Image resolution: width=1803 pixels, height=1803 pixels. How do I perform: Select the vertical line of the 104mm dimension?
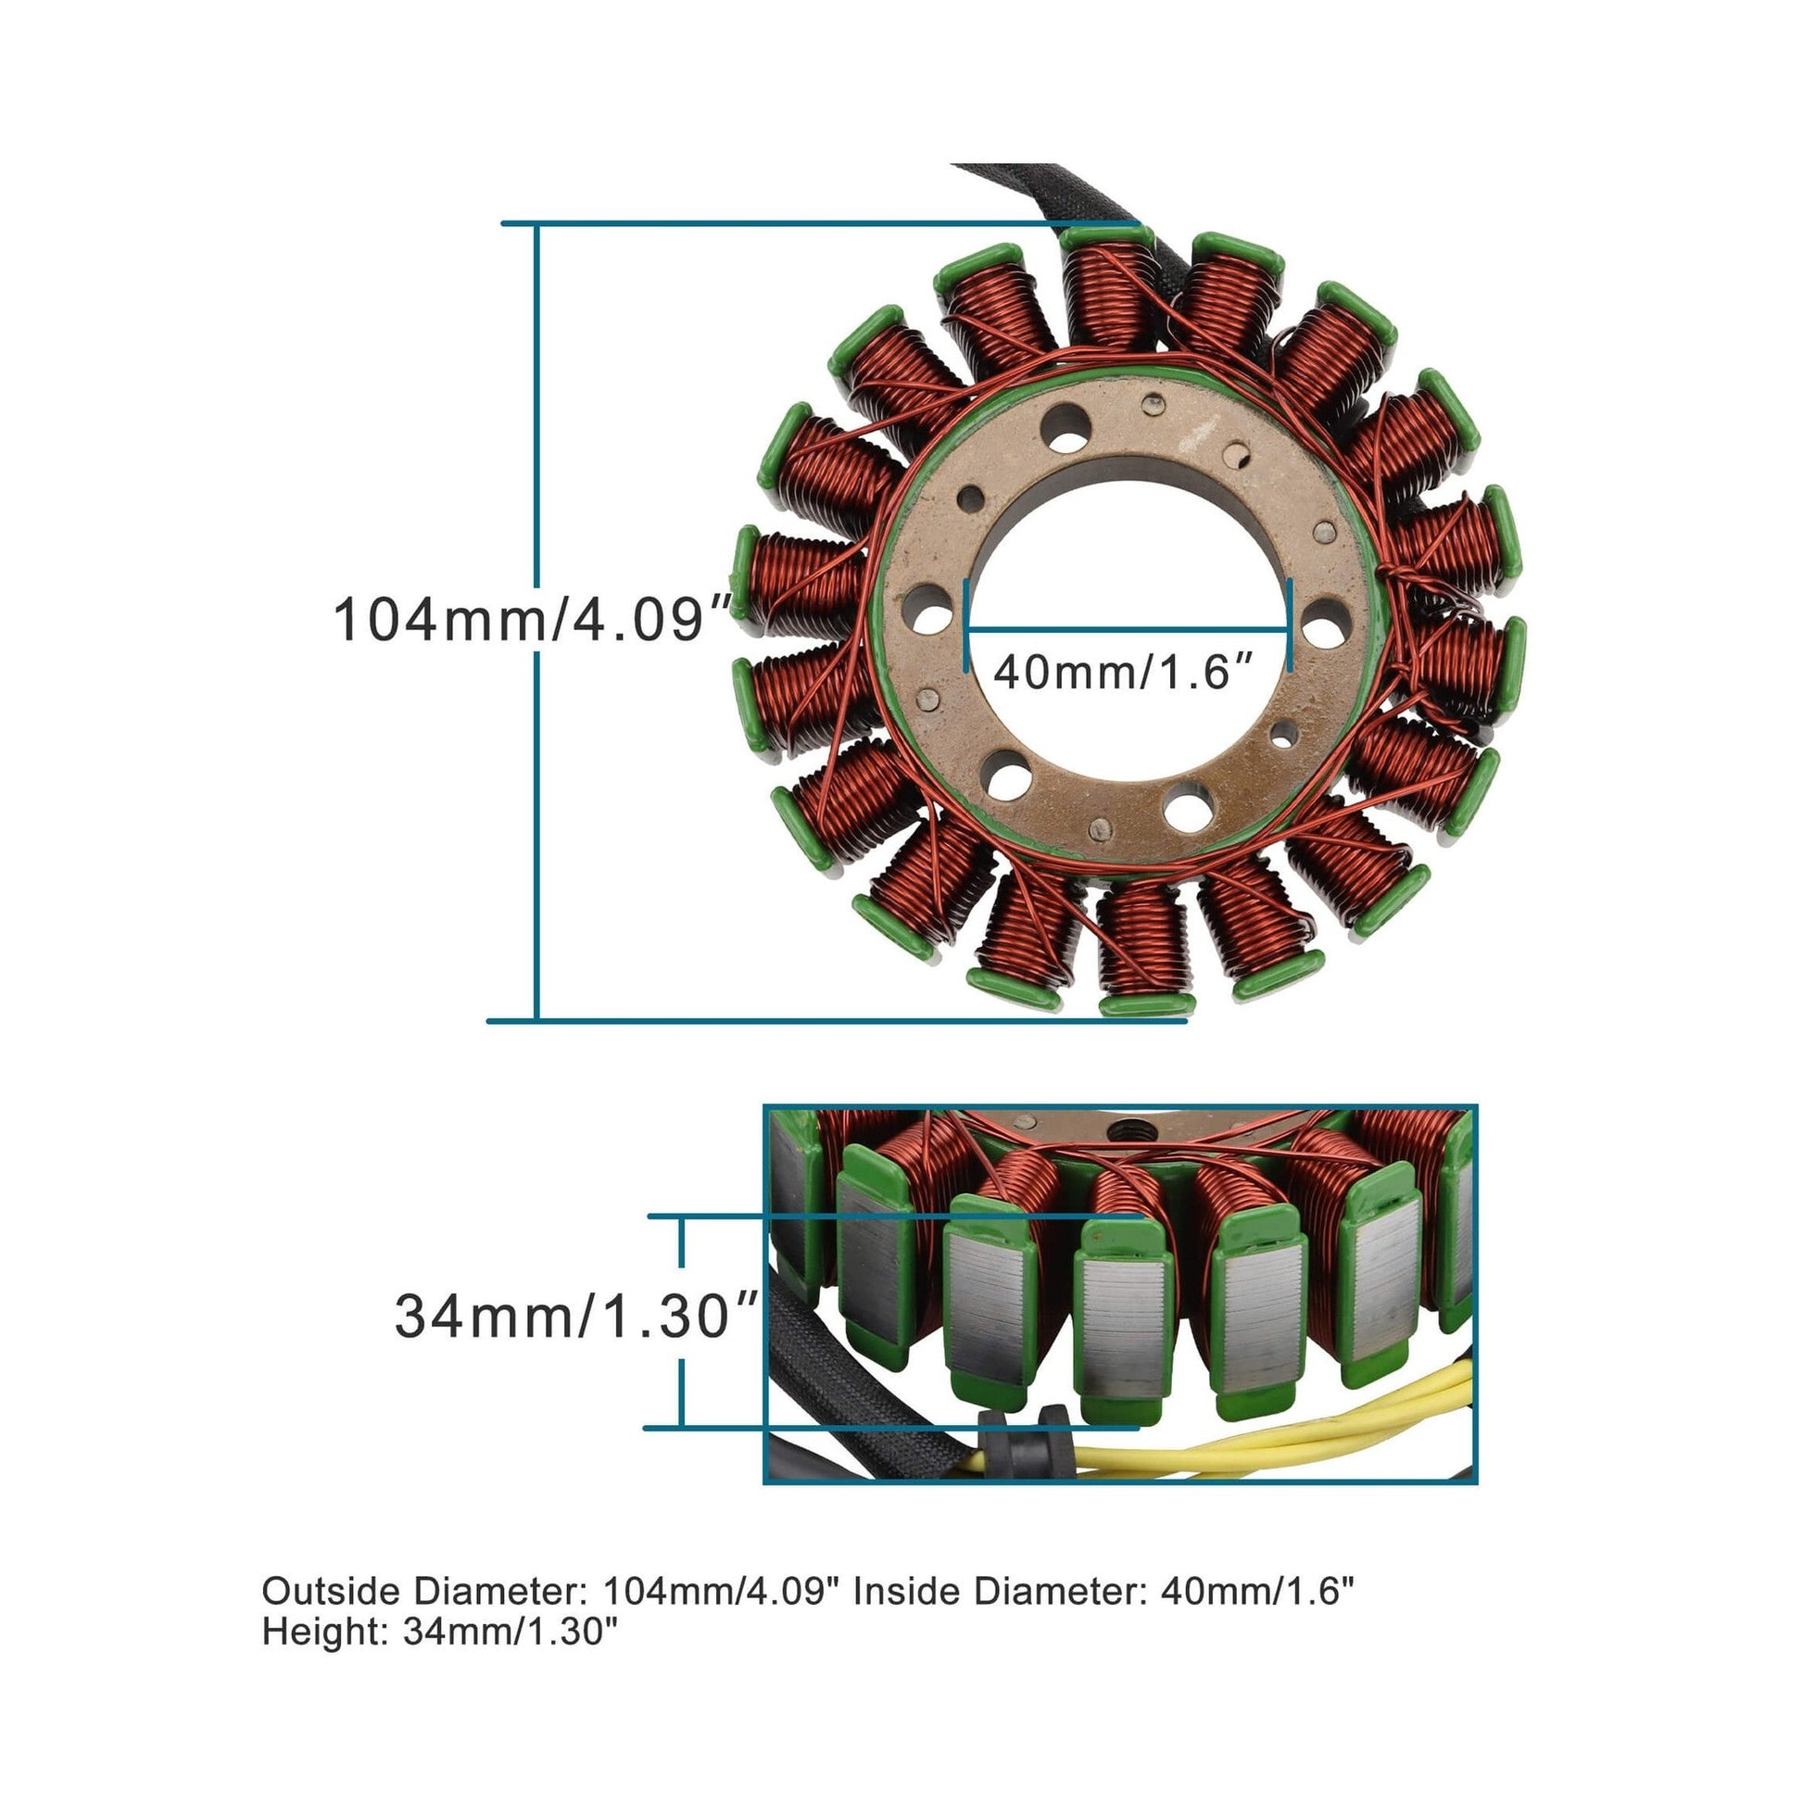click(x=536, y=621)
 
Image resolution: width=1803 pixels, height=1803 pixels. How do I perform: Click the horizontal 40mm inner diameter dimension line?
click(x=1127, y=628)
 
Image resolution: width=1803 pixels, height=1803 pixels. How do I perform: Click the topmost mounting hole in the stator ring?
click(x=1066, y=427)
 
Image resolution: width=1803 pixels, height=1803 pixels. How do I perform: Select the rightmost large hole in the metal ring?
click(x=1324, y=624)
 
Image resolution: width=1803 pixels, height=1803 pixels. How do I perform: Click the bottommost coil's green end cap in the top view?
click(x=1147, y=1004)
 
